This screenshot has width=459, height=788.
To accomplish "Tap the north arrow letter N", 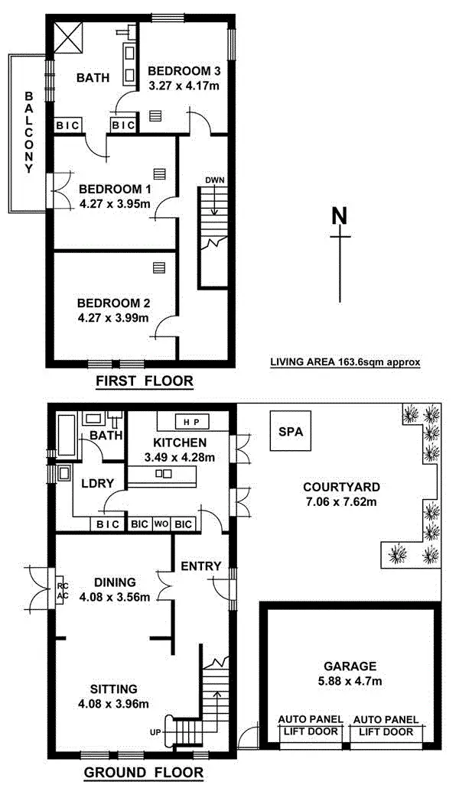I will point(340,216).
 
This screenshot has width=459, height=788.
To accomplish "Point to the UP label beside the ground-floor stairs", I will point(155,733).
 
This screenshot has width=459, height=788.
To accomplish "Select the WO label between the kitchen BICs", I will point(161,524).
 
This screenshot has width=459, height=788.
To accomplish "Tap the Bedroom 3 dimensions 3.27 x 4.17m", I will point(184,86).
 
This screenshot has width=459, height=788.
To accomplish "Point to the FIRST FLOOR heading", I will point(144,381).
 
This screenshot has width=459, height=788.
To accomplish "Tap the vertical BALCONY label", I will point(29,134).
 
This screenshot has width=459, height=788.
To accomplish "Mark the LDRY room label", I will point(97,483).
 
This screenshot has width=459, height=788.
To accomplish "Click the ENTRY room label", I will point(200,566).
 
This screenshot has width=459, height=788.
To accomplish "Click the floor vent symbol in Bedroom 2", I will point(158,267).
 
